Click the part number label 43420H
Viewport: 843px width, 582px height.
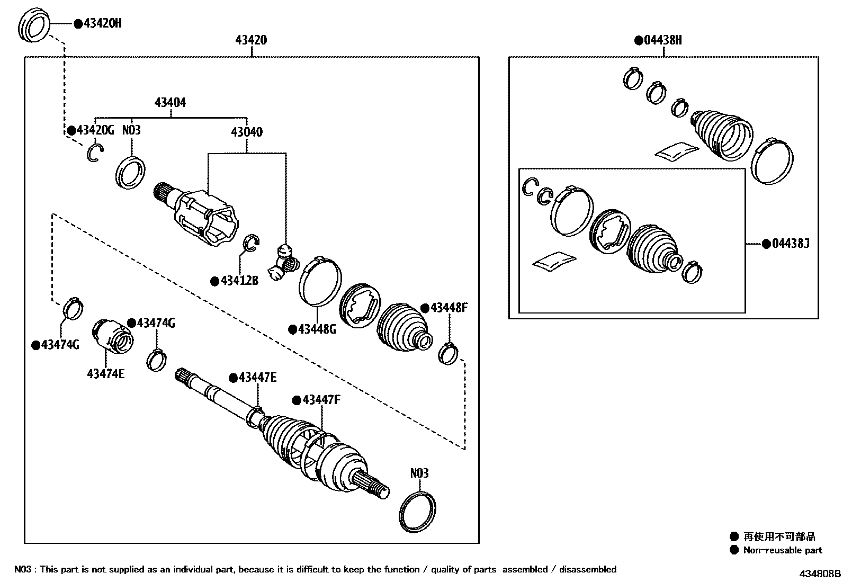(102, 23)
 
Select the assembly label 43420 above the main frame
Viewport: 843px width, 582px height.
(251, 40)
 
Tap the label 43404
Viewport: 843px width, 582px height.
(170, 102)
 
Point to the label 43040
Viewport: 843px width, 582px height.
(246, 132)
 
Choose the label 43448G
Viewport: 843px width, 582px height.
(316, 329)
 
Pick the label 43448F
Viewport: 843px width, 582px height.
(448, 308)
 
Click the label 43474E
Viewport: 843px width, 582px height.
(106, 374)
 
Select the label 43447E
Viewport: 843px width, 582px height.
(257, 378)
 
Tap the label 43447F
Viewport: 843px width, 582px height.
(320, 400)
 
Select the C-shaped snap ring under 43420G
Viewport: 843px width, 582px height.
(95, 153)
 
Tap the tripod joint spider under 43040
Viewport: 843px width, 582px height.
(284, 263)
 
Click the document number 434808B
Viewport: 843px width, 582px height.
(820, 574)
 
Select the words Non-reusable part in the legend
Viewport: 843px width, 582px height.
(782, 550)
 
